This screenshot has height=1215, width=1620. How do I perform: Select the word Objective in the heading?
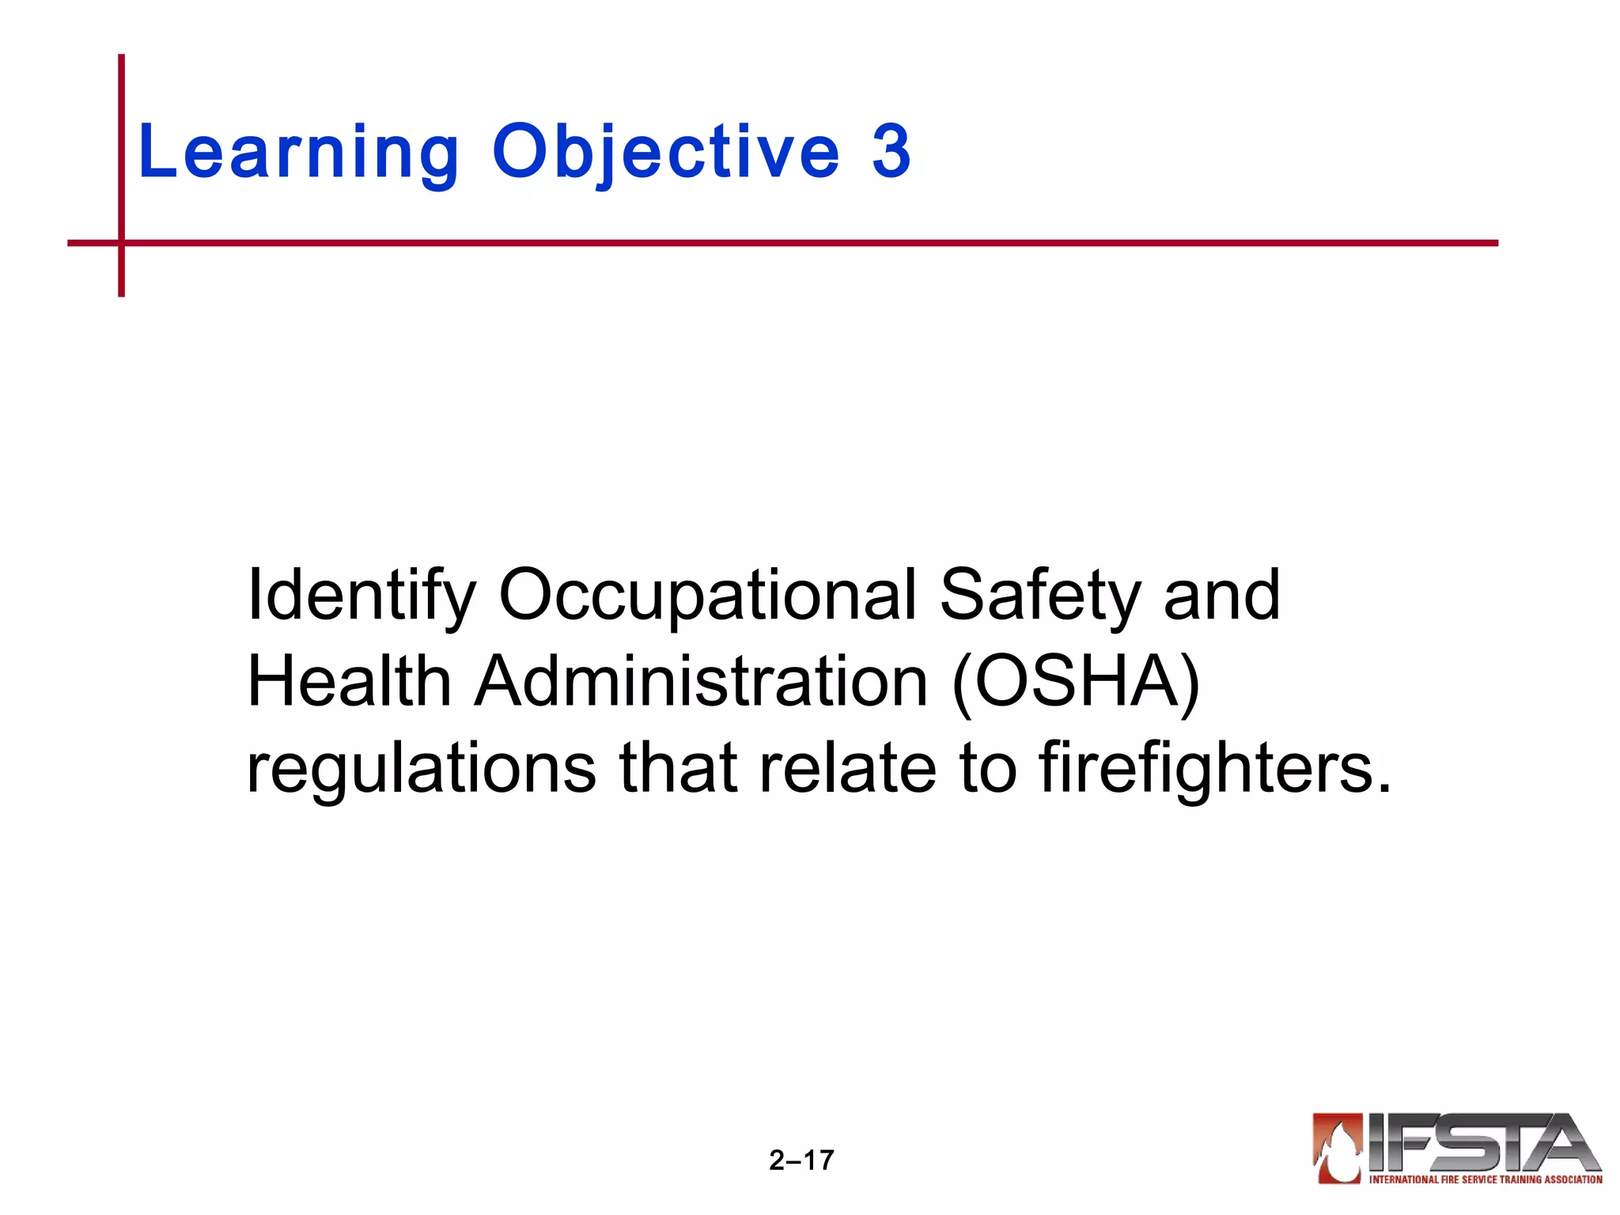(x=666, y=152)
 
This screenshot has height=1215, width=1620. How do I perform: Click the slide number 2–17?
(x=801, y=1160)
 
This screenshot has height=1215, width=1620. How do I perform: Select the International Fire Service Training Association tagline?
(x=1486, y=1179)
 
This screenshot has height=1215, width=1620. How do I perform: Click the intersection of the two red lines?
(x=121, y=243)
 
